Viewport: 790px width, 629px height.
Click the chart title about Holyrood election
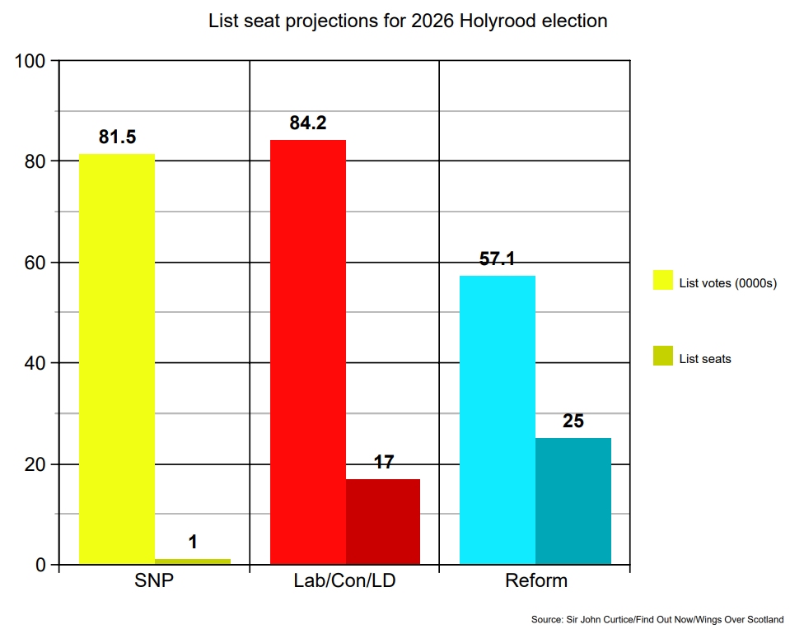(409, 21)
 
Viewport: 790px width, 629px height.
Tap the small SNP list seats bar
(193, 561)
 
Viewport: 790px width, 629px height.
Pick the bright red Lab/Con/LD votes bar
(308, 352)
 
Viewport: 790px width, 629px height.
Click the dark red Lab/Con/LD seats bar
(383, 521)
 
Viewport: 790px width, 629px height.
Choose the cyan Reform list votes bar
(498, 420)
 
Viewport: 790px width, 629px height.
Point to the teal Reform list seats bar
(573, 501)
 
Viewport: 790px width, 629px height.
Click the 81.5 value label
(117, 137)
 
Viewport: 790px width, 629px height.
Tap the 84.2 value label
(308, 123)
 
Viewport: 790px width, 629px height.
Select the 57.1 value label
(498, 259)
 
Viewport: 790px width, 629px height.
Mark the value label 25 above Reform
(573, 422)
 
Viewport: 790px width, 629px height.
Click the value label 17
(384, 463)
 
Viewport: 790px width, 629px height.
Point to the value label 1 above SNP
(193, 543)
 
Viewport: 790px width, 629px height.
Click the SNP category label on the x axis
(154, 580)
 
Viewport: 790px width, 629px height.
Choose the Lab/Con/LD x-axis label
(344, 580)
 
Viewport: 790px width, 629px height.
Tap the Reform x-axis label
(535, 580)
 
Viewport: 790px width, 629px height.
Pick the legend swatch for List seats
(663, 356)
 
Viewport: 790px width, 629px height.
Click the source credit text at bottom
(657, 619)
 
